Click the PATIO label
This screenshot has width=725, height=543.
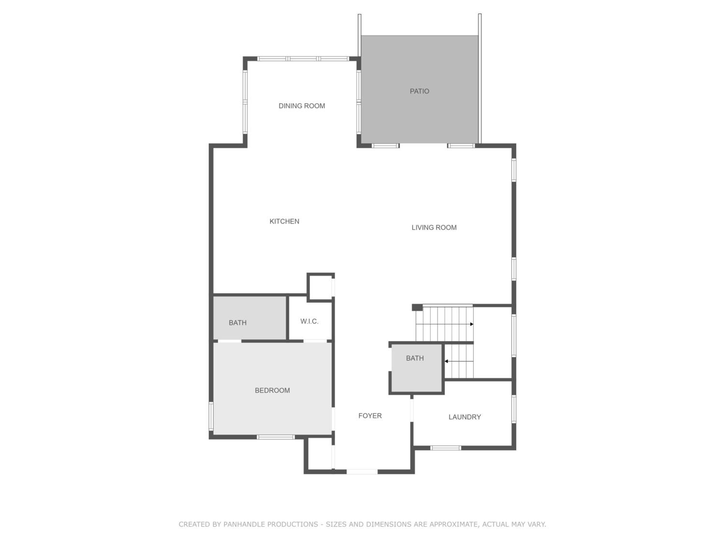click(x=419, y=91)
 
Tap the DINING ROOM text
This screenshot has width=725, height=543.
click(x=302, y=106)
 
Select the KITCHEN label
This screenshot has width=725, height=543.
click(x=284, y=222)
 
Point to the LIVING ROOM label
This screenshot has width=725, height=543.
click(x=434, y=228)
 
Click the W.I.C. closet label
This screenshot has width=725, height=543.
click(x=309, y=321)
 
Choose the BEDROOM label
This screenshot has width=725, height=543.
click(x=272, y=390)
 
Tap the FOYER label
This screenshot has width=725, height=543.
click(x=370, y=416)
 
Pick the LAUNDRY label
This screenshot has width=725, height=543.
click(x=464, y=417)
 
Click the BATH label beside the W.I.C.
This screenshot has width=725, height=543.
click(x=238, y=323)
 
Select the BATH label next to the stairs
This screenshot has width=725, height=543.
click(x=415, y=358)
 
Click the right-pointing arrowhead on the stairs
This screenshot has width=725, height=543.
click(x=472, y=324)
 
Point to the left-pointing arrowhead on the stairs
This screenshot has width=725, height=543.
click(x=446, y=361)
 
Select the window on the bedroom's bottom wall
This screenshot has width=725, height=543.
click(x=276, y=437)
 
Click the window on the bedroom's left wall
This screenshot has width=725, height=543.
click(x=211, y=416)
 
